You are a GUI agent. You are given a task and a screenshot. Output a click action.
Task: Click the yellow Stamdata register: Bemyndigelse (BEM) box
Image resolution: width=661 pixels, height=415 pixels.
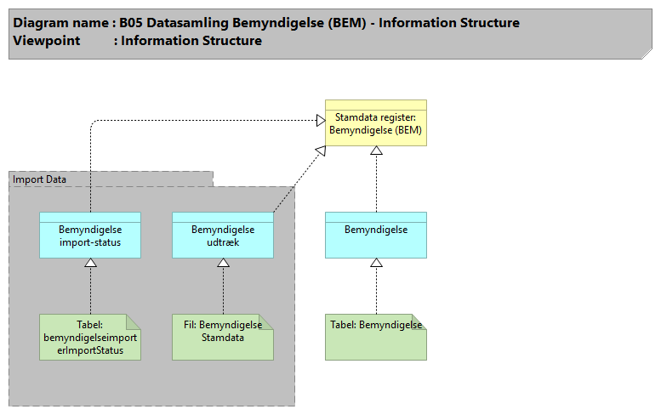click(375, 124)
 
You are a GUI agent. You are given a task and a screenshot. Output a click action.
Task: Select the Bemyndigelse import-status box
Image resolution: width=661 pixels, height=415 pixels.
click(89, 236)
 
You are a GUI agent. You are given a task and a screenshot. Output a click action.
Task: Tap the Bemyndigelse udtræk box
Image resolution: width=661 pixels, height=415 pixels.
click(222, 236)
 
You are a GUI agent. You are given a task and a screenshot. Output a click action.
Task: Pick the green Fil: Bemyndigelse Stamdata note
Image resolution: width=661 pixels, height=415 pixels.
click(222, 338)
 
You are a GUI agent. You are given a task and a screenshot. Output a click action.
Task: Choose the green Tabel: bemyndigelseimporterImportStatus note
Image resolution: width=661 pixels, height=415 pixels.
click(89, 338)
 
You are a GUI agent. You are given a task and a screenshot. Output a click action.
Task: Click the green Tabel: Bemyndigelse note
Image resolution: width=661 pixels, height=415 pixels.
click(375, 338)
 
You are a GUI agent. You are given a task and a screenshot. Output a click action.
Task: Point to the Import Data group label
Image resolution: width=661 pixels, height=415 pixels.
click(39, 179)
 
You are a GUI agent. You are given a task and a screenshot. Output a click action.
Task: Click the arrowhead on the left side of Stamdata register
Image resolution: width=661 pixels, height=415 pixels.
click(321, 121)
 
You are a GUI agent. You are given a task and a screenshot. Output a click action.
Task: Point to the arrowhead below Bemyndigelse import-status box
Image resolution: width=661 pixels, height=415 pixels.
click(90, 263)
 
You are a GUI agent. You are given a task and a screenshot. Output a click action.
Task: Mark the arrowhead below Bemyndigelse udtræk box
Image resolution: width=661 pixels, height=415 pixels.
click(223, 263)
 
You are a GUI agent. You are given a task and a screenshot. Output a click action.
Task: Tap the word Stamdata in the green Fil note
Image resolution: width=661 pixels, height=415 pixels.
click(223, 337)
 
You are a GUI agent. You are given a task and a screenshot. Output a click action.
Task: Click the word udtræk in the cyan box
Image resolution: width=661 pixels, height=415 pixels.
click(223, 242)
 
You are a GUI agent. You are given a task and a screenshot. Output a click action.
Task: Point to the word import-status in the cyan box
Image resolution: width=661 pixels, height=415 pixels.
click(89, 242)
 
